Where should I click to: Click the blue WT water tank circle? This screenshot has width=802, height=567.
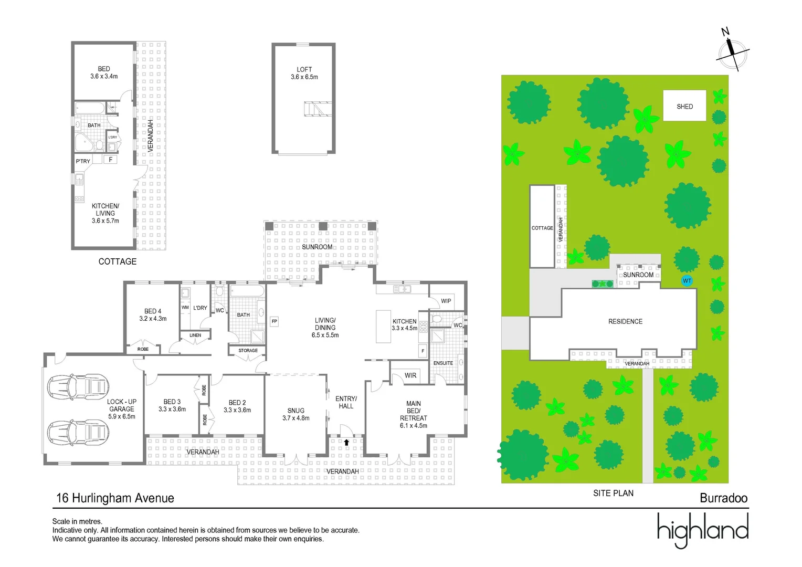click(x=687, y=281)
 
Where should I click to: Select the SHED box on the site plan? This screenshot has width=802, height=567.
click(x=684, y=106)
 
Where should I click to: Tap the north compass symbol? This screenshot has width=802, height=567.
click(x=733, y=53)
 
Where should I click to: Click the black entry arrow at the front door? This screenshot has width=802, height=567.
click(x=346, y=442)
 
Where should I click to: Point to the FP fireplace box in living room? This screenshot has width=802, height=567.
click(x=274, y=321)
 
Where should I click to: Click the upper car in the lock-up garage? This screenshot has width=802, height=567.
click(x=78, y=387)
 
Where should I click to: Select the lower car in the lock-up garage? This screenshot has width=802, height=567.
click(x=78, y=433)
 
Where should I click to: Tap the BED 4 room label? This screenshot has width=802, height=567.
click(x=153, y=311)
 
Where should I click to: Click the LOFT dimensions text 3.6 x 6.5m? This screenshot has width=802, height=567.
click(x=304, y=77)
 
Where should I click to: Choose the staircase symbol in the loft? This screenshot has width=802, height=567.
click(x=318, y=109)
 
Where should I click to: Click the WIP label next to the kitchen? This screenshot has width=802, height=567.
click(x=446, y=301)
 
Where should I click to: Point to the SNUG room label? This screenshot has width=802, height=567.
click(x=296, y=411)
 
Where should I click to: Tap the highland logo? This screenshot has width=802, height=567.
click(x=702, y=530)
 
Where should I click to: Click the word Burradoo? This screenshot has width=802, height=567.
click(x=723, y=498)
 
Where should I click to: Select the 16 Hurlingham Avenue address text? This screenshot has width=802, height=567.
click(x=115, y=498)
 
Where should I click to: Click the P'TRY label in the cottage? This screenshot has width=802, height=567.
click(x=83, y=161)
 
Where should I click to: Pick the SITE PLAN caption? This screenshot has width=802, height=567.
click(x=613, y=493)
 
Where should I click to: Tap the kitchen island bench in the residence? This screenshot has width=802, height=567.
click(x=383, y=326)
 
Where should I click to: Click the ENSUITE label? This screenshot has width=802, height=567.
click(x=443, y=363)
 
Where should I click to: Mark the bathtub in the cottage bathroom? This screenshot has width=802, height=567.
click(x=90, y=109)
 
